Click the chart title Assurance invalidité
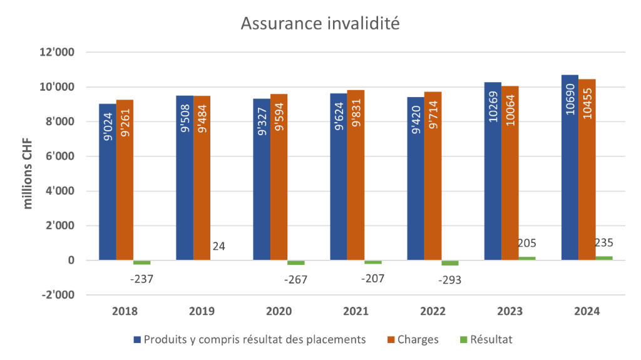pos(320,24)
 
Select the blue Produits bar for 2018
pos(107,182)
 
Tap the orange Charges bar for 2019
pos(202,178)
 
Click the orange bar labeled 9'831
pos(356,175)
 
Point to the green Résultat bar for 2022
pos(449,263)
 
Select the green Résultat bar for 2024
pos(604,257)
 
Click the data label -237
pos(141,279)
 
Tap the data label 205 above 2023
pos(527,243)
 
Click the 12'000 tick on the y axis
pos(57,53)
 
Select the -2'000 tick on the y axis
pos(58,295)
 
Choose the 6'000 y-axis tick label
pos(59,157)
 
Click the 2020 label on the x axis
pos(279,311)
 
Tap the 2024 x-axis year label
pos(587,311)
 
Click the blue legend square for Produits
pos(137,339)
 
